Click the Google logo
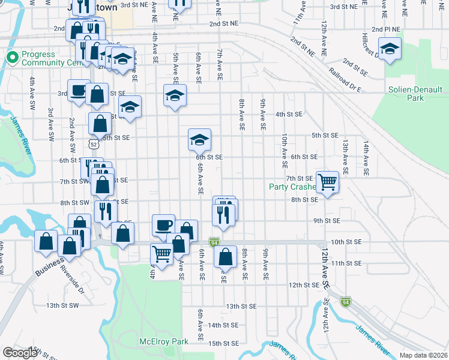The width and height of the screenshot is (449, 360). (20, 353)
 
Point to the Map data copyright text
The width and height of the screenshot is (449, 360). (423, 355)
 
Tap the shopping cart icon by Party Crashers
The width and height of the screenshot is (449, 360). (327, 181)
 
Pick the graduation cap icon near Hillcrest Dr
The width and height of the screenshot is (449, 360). (390, 49)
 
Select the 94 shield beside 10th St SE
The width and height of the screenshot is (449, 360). (214, 242)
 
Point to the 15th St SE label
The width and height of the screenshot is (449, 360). (223, 343)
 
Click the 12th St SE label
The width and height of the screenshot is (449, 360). (303, 285)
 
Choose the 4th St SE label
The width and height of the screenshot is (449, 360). (289, 114)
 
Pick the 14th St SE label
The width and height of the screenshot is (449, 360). (223, 325)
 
